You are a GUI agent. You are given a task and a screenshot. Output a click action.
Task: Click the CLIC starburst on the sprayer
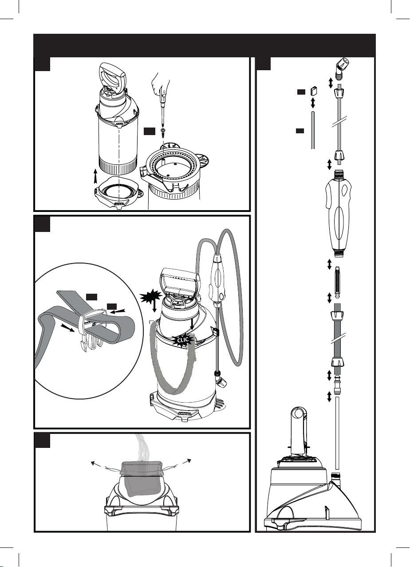(182, 340)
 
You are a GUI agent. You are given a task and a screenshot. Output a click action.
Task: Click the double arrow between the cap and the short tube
(313, 103)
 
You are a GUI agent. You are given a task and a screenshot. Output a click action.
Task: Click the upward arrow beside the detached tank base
(95, 176)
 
